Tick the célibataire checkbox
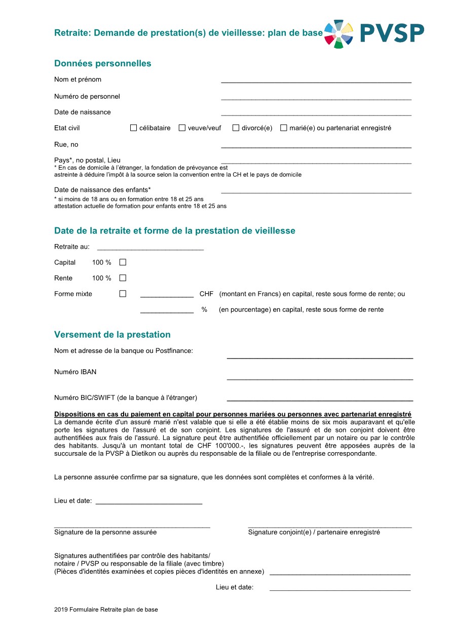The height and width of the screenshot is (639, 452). pyautogui.click(x=134, y=128)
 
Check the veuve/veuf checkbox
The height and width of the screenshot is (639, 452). pyautogui.click(x=182, y=128)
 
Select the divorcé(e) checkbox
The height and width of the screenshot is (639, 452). pyautogui.click(x=236, y=128)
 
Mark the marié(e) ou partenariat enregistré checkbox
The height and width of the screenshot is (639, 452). pyautogui.click(x=284, y=128)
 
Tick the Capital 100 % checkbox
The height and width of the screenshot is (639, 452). pyautogui.click(x=123, y=262)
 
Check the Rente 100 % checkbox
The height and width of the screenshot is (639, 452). pyautogui.click(x=123, y=278)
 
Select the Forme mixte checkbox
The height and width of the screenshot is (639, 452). pyautogui.click(x=123, y=294)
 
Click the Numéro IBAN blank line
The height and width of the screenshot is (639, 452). pyautogui.click(x=320, y=378)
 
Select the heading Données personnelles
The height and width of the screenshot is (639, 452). pyautogui.click(x=103, y=64)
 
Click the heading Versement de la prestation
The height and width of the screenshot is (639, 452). pyautogui.click(x=112, y=335)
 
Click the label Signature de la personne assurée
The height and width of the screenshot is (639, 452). pyautogui.click(x=105, y=532)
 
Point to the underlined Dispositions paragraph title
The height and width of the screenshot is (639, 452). pyautogui.click(x=233, y=414)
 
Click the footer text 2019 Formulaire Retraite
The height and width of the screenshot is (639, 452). pyautogui.click(x=106, y=610)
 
